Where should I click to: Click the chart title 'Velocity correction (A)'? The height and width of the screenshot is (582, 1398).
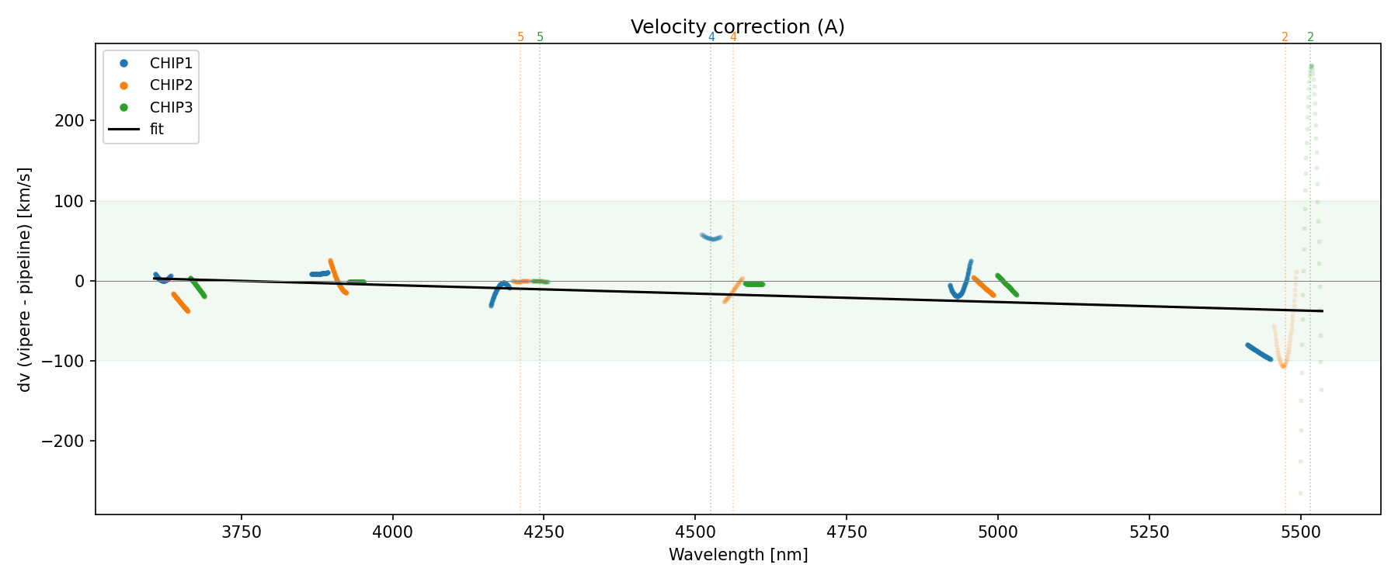click(x=737, y=27)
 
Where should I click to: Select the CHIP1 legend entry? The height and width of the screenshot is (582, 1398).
click(x=171, y=63)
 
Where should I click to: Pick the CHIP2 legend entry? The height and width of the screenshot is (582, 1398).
click(x=171, y=85)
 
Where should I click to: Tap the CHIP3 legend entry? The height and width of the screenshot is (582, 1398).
click(x=171, y=108)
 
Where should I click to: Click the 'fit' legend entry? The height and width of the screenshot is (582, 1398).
click(x=156, y=130)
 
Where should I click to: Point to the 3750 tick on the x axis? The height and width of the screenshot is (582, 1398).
click(x=242, y=532)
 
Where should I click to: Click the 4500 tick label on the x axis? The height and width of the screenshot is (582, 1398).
click(x=694, y=532)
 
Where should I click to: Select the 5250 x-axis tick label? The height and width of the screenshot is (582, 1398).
click(x=1149, y=532)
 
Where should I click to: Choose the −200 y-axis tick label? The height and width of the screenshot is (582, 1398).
click(x=66, y=442)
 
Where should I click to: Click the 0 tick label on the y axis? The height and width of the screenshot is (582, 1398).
click(x=79, y=281)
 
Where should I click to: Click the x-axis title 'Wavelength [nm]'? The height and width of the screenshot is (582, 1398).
click(x=738, y=555)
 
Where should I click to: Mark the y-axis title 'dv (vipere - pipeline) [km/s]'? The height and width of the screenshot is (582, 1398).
click(x=25, y=279)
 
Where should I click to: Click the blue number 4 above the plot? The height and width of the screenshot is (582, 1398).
click(x=711, y=37)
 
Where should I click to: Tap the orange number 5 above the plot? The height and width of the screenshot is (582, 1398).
click(x=520, y=37)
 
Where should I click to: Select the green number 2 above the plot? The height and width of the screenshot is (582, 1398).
click(x=1310, y=37)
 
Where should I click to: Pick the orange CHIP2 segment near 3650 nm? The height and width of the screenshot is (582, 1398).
click(x=180, y=302)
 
